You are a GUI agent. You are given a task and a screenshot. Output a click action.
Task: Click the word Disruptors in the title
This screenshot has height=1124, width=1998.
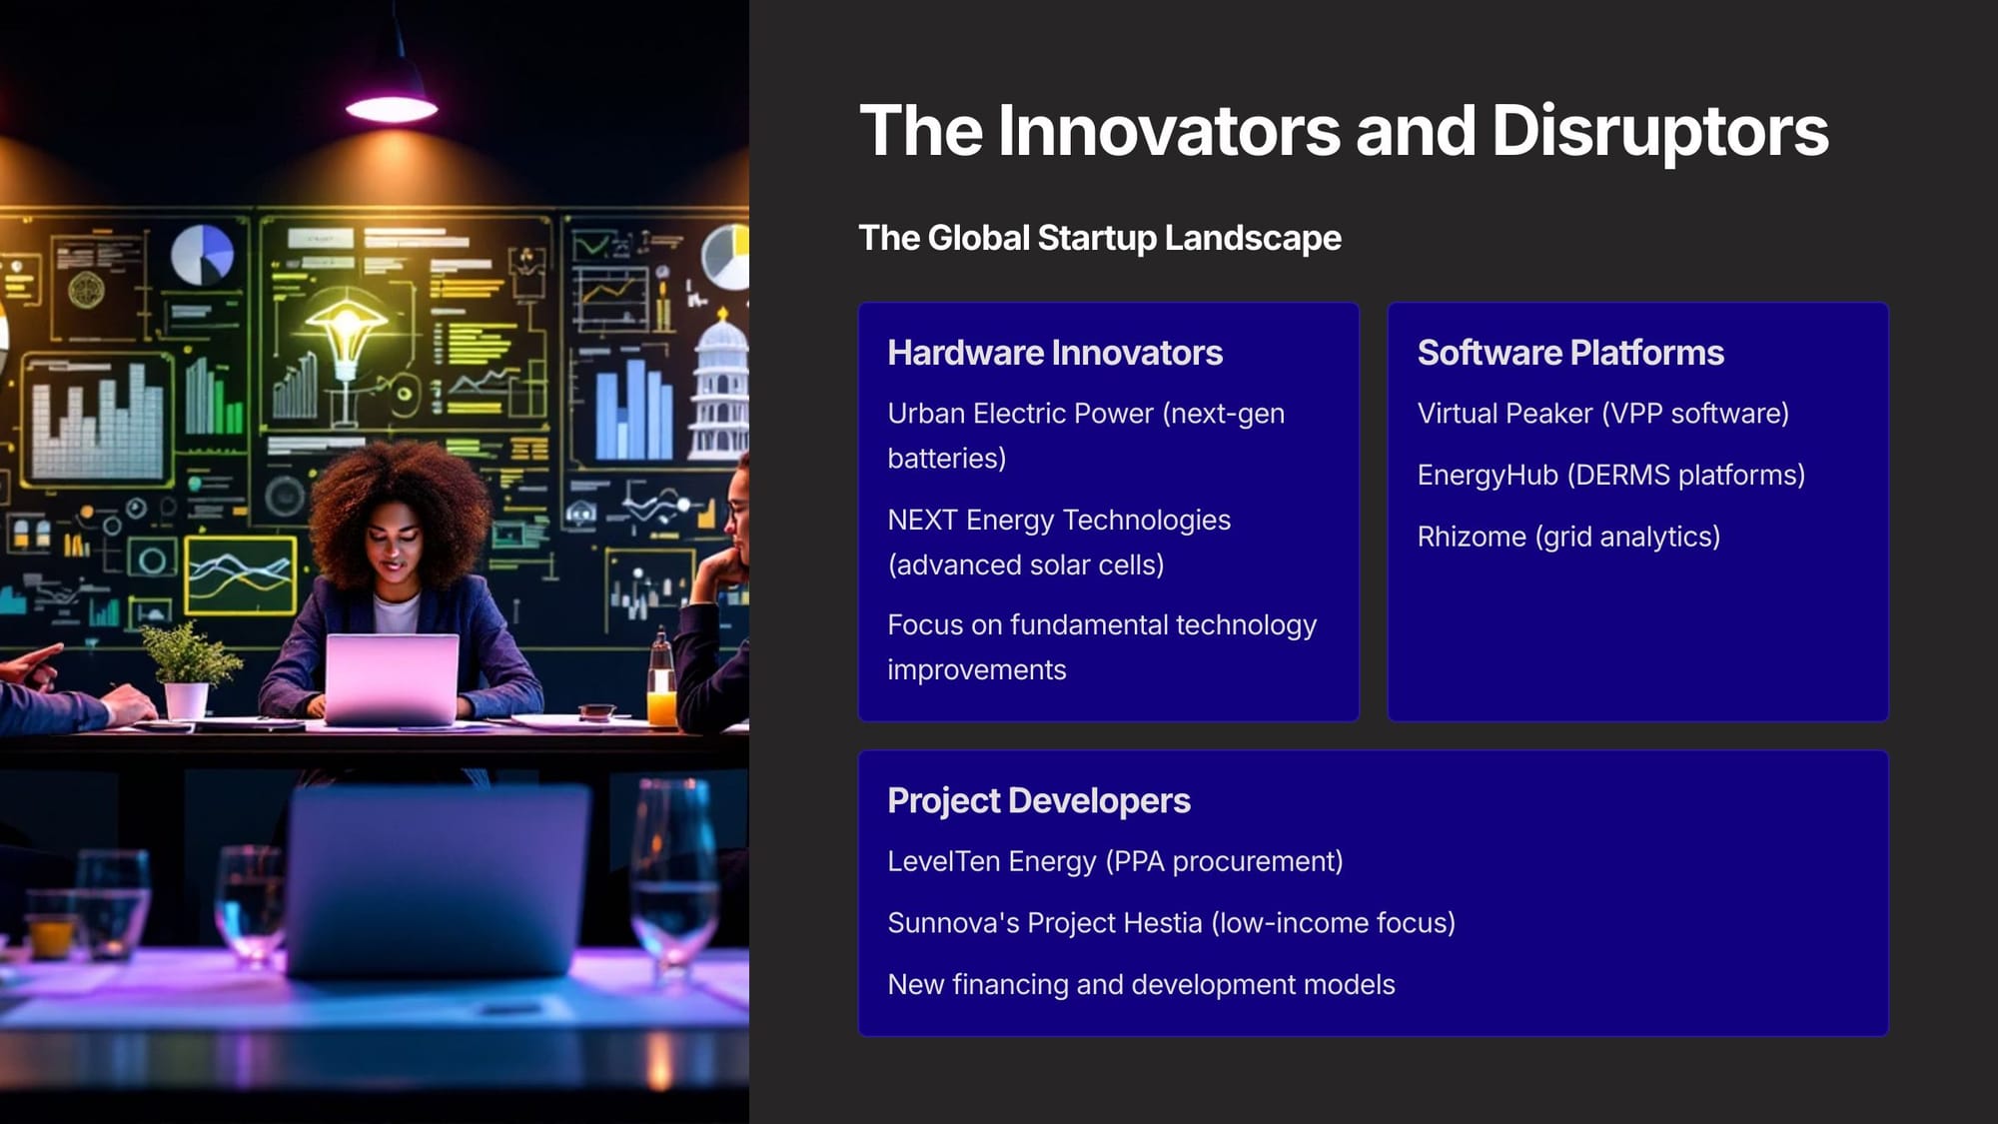1659,131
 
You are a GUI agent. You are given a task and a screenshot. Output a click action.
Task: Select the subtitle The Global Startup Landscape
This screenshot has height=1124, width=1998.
1100,238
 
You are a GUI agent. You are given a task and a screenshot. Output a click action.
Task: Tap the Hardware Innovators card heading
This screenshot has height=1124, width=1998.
1055,353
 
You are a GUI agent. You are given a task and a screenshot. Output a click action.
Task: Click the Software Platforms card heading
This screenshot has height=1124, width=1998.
1570,353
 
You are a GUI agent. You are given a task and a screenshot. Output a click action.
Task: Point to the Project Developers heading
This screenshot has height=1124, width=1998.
1039,800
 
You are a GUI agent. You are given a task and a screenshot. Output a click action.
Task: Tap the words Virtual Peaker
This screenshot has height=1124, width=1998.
1504,413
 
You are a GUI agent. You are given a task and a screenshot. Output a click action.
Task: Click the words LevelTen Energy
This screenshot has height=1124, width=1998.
992,861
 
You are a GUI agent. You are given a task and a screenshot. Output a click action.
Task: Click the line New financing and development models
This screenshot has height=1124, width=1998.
1141,984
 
